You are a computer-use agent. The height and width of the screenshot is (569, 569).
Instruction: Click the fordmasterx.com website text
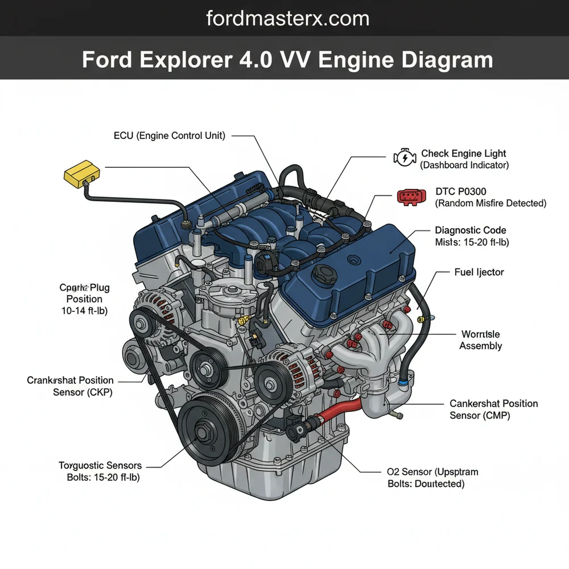click(x=287, y=18)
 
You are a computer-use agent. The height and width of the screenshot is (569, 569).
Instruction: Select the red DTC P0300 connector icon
click(x=411, y=197)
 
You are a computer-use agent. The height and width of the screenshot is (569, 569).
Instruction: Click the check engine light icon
click(x=403, y=158)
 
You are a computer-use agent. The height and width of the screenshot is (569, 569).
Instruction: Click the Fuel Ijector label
click(x=479, y=273)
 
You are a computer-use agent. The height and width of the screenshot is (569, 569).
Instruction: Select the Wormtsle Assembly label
click(x=481, y=340)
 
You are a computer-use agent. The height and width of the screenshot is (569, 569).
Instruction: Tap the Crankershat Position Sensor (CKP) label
click(x=70, y=386)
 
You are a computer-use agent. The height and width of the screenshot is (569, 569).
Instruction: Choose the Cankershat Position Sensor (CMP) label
click(x=493, y=409)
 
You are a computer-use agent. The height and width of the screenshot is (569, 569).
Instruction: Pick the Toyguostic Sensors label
click(x=100, y=466)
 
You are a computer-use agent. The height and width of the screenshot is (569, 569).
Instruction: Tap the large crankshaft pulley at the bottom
click(x=204, y=432)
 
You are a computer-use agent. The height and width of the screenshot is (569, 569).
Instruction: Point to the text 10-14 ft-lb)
click(x=84, y=311)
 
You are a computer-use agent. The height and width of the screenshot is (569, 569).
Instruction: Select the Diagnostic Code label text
click(x=470, y=230)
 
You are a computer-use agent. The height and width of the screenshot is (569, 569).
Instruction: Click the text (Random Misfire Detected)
click(x=490, y=203)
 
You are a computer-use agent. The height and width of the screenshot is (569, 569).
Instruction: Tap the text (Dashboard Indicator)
click(x=464, y=165)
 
